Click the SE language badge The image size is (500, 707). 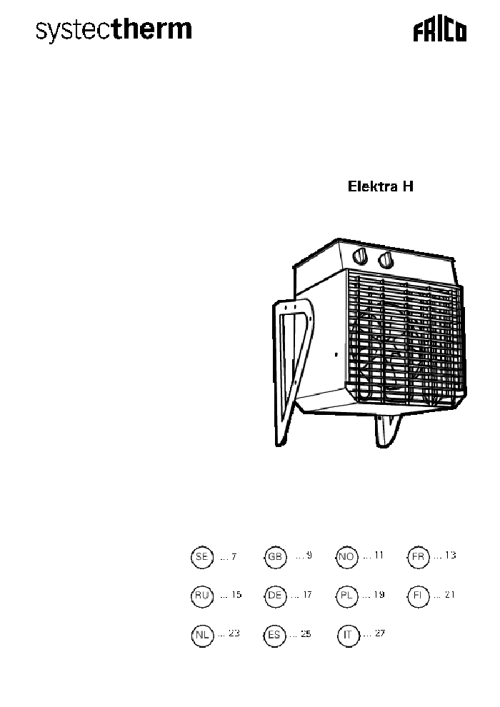point(202,557)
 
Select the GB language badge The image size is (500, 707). point(276,557)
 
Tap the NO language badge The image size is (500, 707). point(346,557)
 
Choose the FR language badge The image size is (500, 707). point(418,557)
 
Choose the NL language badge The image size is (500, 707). point(202,635)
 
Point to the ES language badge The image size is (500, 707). point(276,635)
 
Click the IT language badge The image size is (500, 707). point(348,635)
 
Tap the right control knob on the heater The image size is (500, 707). point(386,259)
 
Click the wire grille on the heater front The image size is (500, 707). point(404,343)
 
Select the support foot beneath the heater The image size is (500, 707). point(388,429)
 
